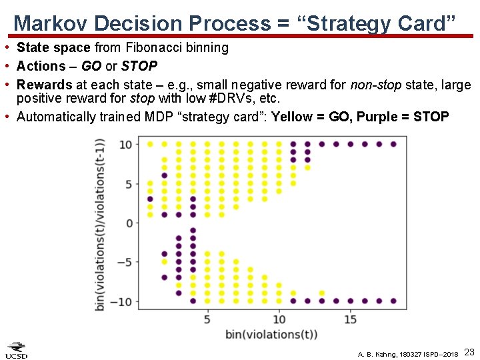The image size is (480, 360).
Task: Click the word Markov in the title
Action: click(x=51, y=23)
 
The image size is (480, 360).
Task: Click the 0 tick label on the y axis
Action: click(x=130, y=223)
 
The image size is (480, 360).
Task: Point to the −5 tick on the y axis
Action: click(x=126, y=262)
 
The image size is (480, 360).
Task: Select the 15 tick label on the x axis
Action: click(x=350, y=319)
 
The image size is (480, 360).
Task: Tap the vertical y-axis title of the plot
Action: click(x=101, y=223)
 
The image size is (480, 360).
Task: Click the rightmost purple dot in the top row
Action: click(x=393, y=144)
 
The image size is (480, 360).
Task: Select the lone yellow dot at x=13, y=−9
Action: click(x=322, y=293)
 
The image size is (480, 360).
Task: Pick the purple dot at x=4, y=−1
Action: click(x=193, y=231)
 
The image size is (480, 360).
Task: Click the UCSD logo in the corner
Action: click(x=17, y=350)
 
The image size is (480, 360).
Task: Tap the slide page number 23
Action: click(x=468, y=351)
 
